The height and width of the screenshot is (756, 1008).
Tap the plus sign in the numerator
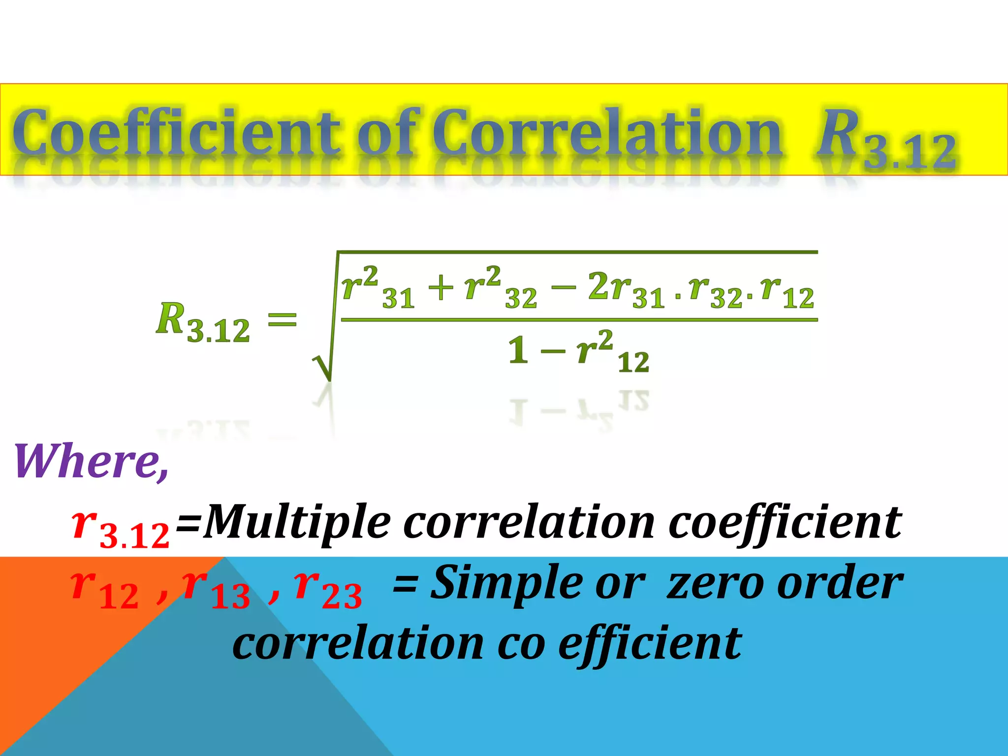click(x=441, y=287)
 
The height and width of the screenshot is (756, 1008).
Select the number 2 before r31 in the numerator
click(x=598, y=285)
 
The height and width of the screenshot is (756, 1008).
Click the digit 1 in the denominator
click(x=518, y=351)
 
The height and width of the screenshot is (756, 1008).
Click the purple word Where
click(x=91, y=461)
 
